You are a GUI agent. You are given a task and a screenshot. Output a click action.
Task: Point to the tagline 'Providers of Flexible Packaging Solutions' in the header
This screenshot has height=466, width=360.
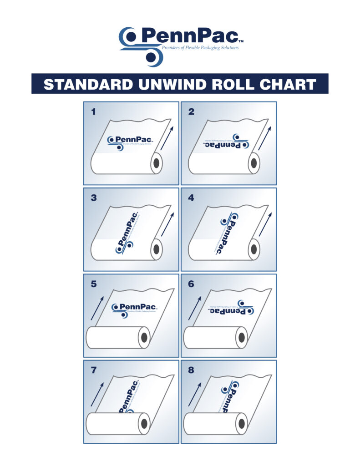[x=200, y=47]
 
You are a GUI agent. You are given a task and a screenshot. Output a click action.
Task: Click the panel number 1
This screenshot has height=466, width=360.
[x=94, y=111]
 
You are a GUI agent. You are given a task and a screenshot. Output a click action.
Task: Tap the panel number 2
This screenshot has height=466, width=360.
[x=191, y=111]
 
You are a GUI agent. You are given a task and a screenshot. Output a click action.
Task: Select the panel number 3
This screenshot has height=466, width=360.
[x=94, y=198]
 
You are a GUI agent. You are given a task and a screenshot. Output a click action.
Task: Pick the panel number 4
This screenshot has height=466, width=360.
[x=191, y=198]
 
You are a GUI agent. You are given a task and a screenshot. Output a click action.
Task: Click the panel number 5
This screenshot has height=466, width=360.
[x=94, y=284]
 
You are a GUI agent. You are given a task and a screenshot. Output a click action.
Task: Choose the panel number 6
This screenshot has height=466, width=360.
[x=191, y=284]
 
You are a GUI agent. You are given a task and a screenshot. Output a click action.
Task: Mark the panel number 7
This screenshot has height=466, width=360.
[x=94, y=370]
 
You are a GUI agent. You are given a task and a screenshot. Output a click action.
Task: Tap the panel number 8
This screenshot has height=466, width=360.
[x=191, y=370]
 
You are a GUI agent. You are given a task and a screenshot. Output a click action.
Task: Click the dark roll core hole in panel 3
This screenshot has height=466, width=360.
[x=157, y=250]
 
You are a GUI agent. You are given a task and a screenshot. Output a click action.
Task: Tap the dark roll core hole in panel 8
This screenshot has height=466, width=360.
[x=241, y=424]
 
